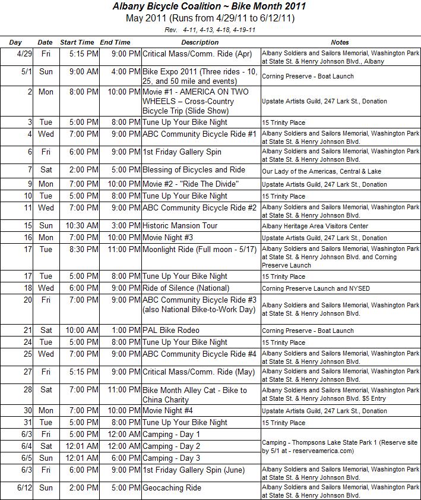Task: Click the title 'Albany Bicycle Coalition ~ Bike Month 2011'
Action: (210, 7)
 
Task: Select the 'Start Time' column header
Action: (77, 43)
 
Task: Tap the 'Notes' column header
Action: (340, 43)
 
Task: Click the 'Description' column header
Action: (200, 43)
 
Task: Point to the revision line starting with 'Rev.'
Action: (210, 29)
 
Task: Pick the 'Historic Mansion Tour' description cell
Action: (180, 226)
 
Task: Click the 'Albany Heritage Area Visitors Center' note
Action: (315, 227)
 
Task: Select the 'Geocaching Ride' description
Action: (172, 488)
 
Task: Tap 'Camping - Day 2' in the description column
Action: (171, 446)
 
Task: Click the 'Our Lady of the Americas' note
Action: (321, 171)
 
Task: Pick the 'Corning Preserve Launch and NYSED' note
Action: (316, 289)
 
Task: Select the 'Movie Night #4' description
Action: (168, 411)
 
